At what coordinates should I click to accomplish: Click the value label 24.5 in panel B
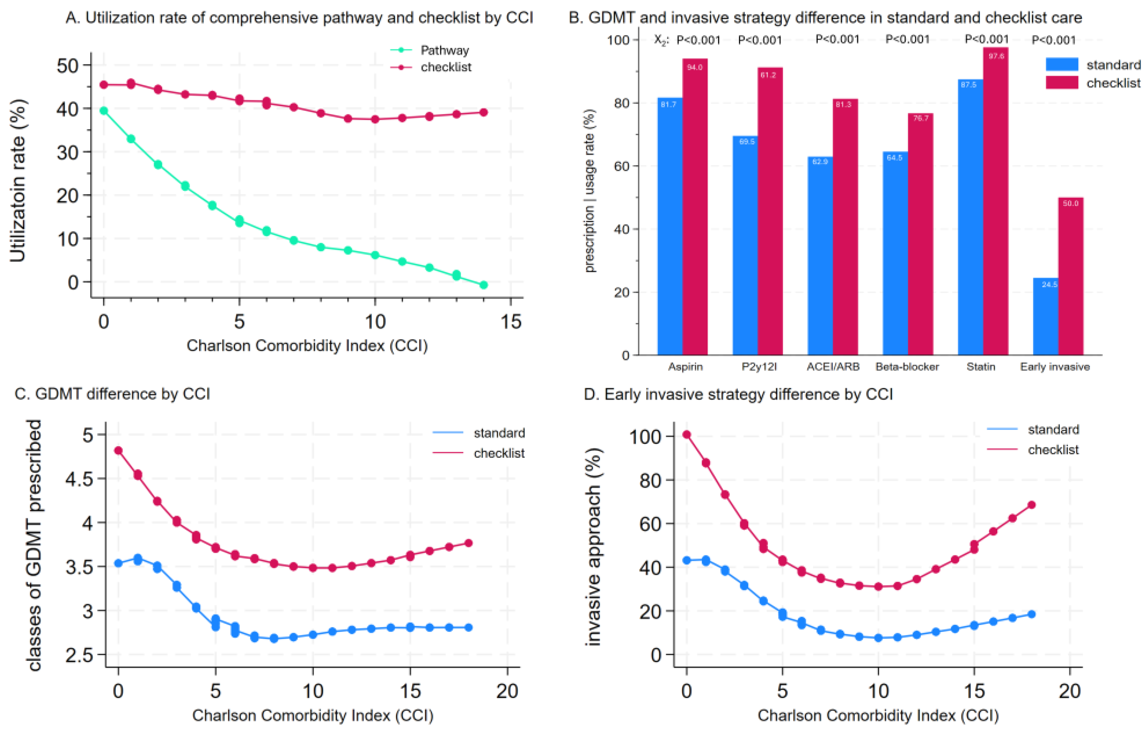(1049, 284)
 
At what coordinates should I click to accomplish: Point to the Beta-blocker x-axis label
(907, 367)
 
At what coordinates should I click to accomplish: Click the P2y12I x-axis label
(759, 367)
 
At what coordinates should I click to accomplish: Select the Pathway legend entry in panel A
(444, 50)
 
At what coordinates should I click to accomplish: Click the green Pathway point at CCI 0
(103, 111)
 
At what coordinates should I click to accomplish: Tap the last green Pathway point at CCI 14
(484, 285)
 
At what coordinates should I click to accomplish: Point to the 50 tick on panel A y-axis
(68, 65)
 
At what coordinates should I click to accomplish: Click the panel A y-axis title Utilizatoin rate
(18, 181)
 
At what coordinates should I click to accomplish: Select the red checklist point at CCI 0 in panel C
(118, 450)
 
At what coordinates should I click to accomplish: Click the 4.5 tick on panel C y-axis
(79, 479)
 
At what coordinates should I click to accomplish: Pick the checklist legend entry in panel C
(499, 453)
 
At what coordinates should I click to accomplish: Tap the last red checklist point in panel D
(1031, 505)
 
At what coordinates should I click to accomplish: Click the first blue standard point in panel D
(686, 560)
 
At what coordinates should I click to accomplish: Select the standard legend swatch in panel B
(1062, 65)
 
